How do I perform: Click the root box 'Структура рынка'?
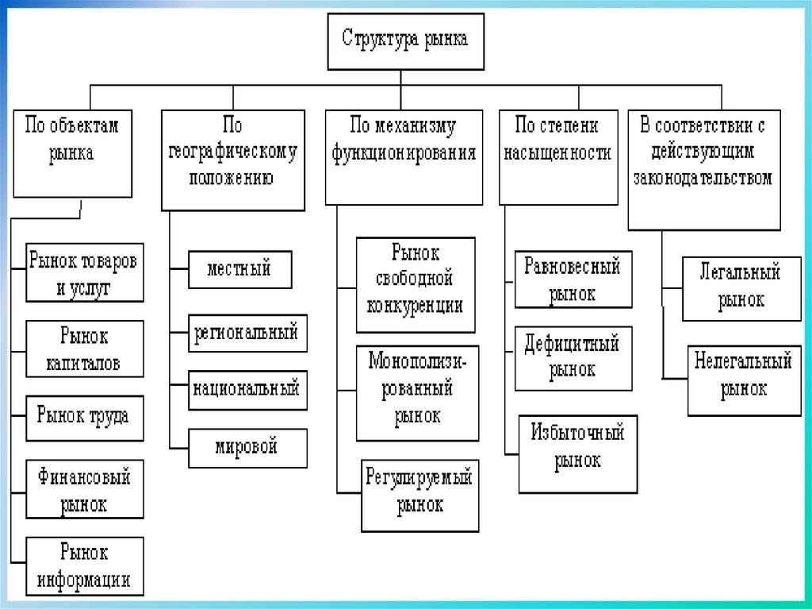pyautogui.click(x=404, y=40)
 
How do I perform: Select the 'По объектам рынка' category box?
pyautogui.click(x=71, y=153)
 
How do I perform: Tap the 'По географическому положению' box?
pyautogui.click(x=232, y=160)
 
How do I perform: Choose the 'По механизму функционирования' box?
pyautogui.click(x=404, y=156)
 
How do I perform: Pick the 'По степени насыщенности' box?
pyautogui.click(x=558, y=156)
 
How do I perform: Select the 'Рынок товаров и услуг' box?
pyautogui.click(x=85, y=272)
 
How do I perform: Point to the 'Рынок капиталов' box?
pyautogui.click(x=85, y=349)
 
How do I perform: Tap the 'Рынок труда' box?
pyautogui.click(x=85, y=417)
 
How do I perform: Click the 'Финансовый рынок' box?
pyautogui.click(x=85, y=489)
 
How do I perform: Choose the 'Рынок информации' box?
pyautogui.click(x=85, y=565)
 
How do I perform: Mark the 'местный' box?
pyautogui.click(x=239, y=269)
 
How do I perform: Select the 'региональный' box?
pyautogui.click(x=247, y=333)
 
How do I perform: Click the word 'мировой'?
pyautogui.click(x=247, y=447)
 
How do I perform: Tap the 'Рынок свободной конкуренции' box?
pyautogui.click(x=416, y=284)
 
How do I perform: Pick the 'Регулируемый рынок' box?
pyautogui.click(x=420, y=495)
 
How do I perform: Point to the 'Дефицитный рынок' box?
pyautogui.click(x=573, y=358)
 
